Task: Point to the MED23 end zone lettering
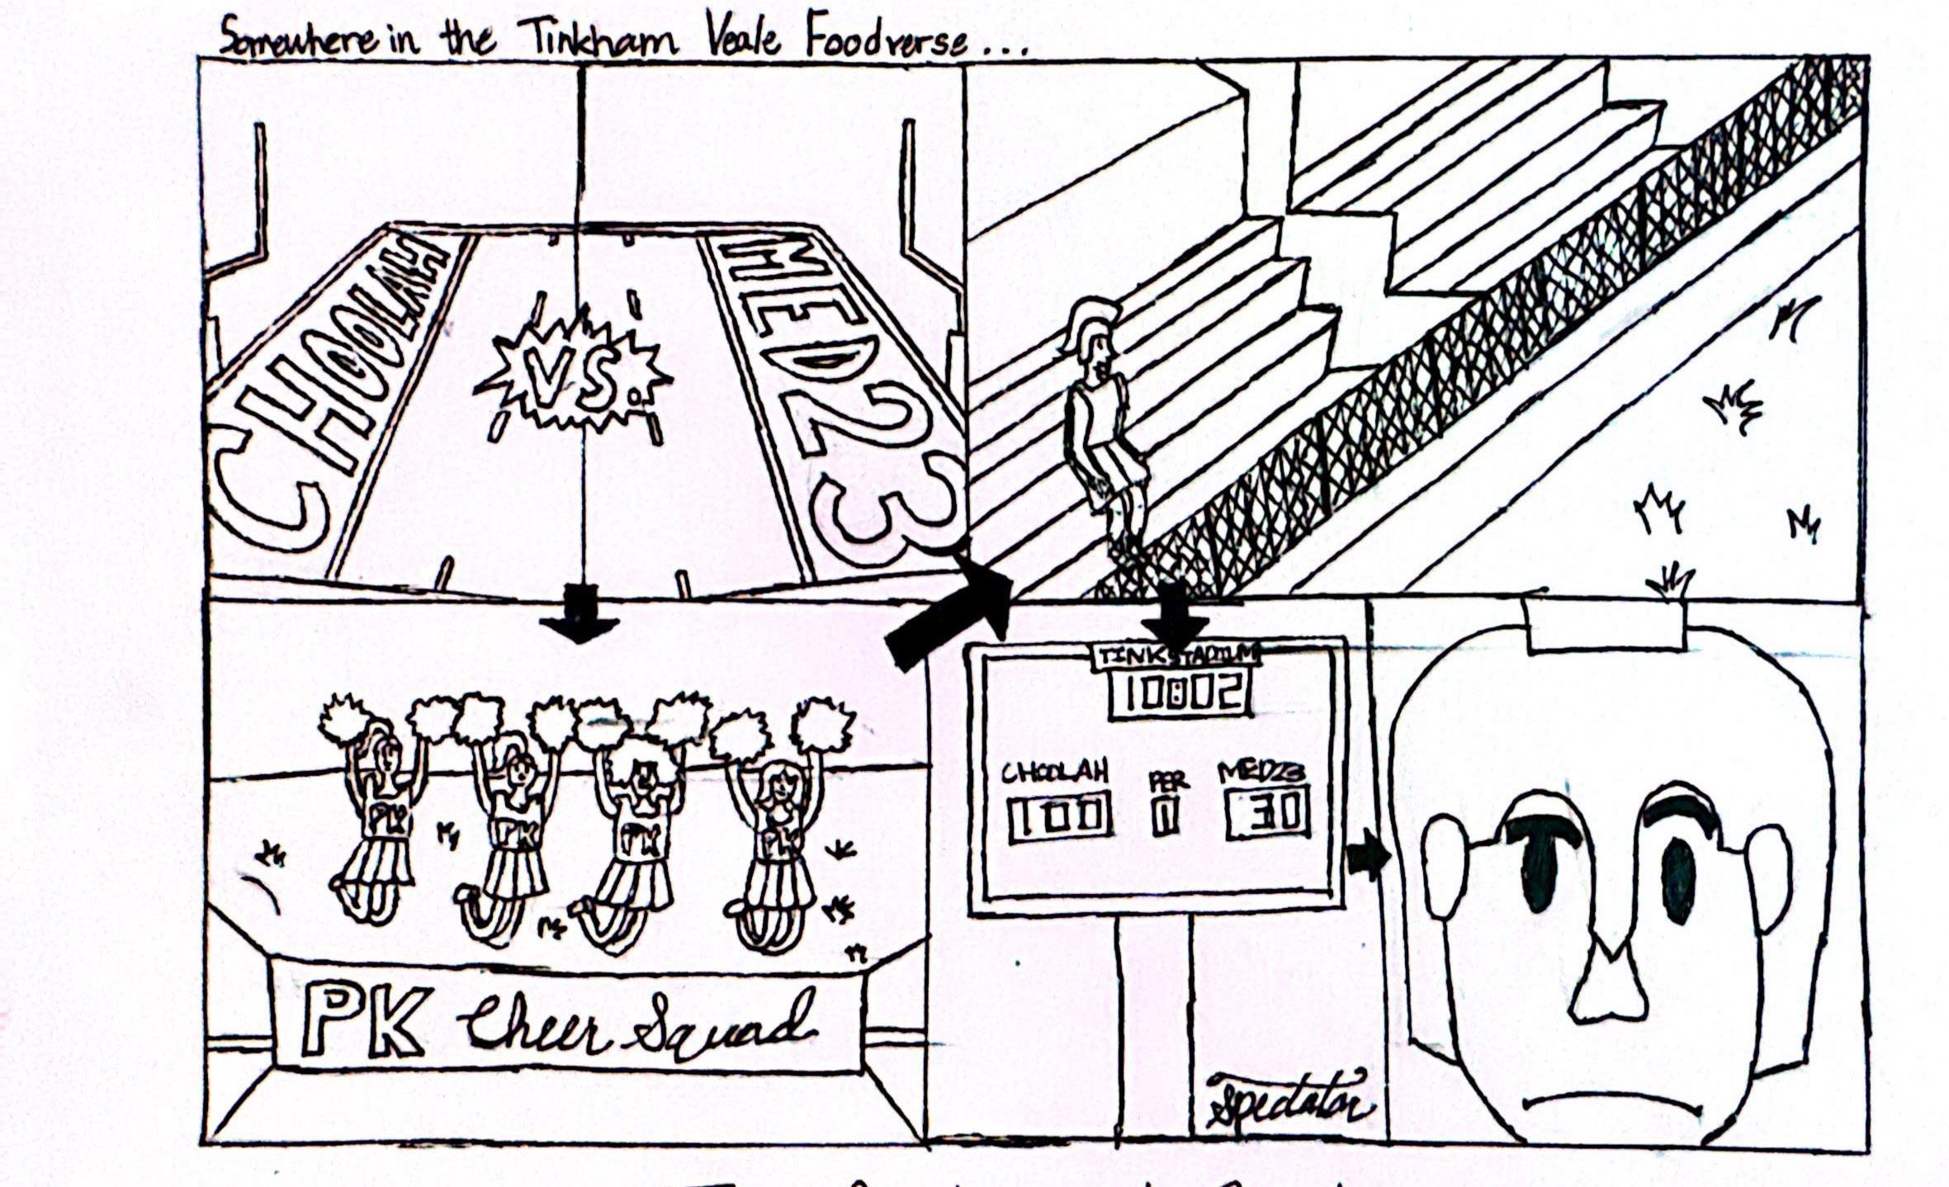(x=834, y=388)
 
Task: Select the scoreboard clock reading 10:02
(x=1180, y=693)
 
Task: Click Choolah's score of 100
(x=1057, y=816)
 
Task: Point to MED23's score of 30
(x=1268, y=813)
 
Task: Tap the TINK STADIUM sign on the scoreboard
(x=1176, y=655)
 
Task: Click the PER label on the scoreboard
(x=1167, y=779)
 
